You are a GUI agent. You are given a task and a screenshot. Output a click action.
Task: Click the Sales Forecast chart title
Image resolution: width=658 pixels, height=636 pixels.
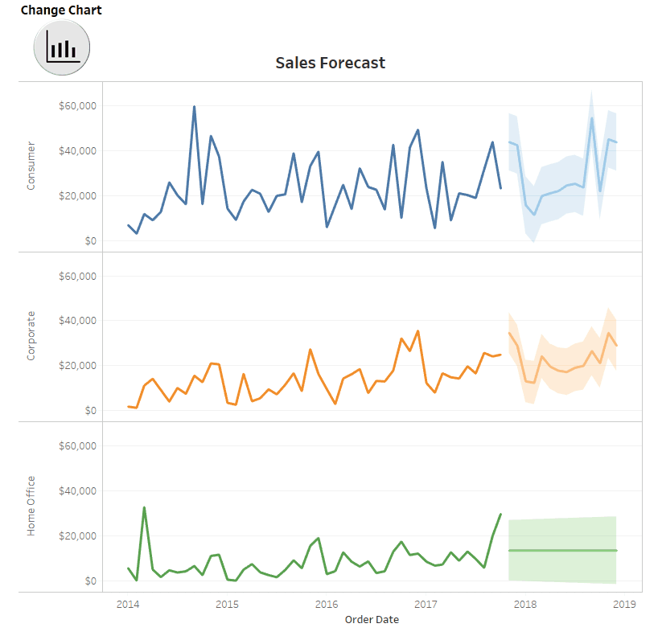(x=330, y=63)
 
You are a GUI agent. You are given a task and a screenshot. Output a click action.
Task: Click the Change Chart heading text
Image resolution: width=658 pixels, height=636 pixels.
(x=61, y=10)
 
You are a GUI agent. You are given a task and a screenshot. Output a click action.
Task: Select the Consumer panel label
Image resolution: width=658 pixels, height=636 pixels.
(x=31, y=166)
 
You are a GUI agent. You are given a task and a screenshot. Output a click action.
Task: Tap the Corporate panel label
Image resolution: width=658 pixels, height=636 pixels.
(x=31, y=335)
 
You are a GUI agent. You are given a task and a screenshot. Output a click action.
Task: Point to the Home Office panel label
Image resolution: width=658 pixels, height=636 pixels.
(x=31, y=506)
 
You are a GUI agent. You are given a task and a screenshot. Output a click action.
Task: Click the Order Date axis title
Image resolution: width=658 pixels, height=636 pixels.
(x=372, y=620)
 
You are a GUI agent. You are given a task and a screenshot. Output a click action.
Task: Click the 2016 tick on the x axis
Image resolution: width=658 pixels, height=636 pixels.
(x=327, y=605)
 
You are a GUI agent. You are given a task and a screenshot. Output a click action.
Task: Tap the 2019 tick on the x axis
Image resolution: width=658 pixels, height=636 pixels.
(x=625, y=605)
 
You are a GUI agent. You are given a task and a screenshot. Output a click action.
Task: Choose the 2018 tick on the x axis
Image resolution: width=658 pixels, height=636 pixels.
(x=525, y=605)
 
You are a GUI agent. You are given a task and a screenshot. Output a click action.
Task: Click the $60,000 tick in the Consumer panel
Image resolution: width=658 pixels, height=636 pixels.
(x=78, y=106)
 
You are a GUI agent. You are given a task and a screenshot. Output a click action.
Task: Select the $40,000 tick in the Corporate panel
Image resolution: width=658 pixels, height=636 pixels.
(x=78, y=321)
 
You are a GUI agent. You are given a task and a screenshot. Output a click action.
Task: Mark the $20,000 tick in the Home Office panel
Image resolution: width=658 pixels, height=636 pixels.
(x=78, y=536)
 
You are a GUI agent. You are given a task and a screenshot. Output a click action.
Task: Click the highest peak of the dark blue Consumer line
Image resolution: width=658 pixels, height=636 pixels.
(x=194, y=107)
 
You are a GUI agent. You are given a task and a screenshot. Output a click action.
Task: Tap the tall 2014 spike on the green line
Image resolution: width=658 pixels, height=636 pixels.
(x=144, y=507)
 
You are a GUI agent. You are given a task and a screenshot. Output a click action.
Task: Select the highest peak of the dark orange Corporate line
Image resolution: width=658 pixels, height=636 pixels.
(x=417, y=330)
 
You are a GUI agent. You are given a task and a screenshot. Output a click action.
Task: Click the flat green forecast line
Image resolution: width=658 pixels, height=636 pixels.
(x=563, y=550)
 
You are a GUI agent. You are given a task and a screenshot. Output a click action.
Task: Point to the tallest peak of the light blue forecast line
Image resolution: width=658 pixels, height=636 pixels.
(x=592, y=118)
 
